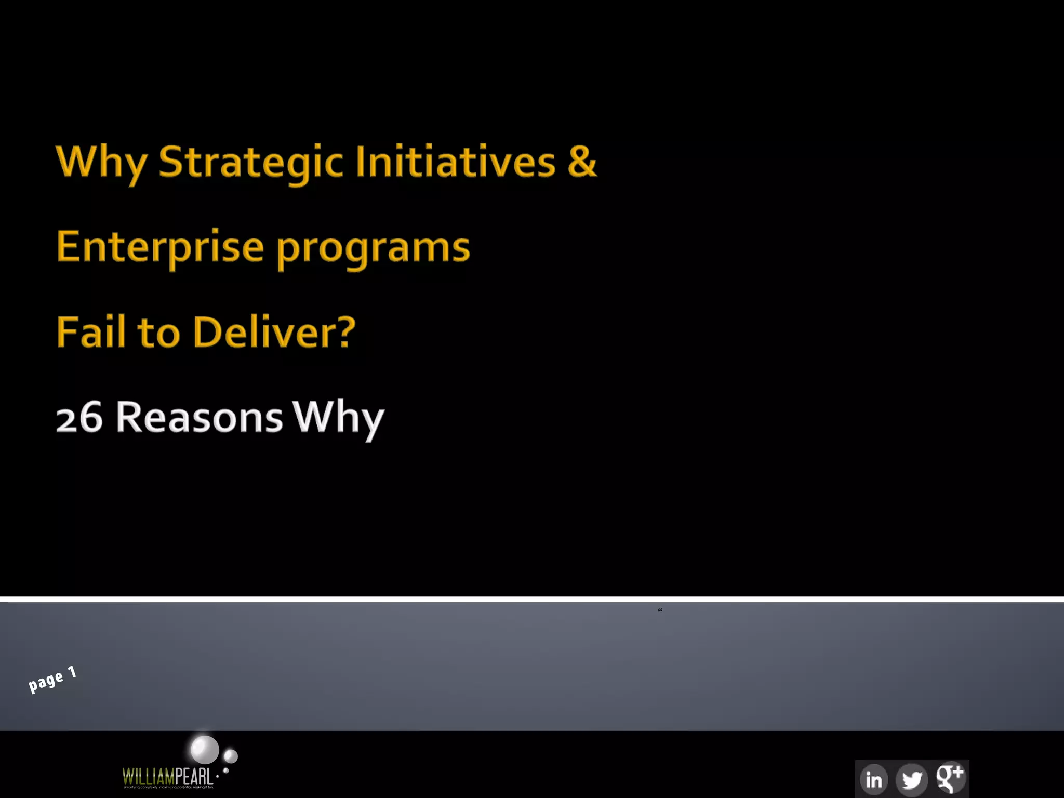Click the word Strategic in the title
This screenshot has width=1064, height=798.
point(250,163)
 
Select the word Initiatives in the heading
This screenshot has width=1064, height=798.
point(455,162)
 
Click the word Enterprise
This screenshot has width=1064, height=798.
point(160,247)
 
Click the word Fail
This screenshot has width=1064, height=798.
point(91,332)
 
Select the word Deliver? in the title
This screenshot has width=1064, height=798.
point(274,332)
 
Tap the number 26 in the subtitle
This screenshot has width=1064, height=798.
point(79,418)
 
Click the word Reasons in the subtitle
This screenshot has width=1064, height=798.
point(199,418)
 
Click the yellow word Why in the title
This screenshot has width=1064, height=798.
point(102,163)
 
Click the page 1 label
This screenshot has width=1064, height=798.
point(52,679)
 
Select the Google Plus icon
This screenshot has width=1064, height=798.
point(950,778)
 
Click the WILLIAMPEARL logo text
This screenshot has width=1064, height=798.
point(167,777)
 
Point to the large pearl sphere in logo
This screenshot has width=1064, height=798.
point(205,750)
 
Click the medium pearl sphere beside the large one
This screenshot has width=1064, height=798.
point(231,756)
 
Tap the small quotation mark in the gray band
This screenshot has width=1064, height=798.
point(660,610)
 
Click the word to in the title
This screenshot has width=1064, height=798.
point(158,333)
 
